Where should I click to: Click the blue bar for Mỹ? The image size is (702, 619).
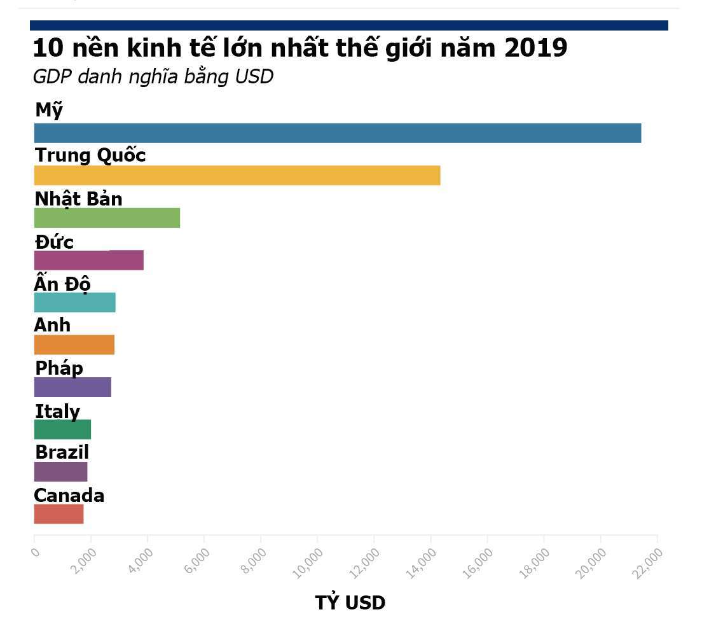(x=337, y=133)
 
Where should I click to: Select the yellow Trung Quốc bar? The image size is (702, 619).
(x=237, y=176)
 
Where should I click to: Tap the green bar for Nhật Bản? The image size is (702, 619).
(x=107, y=218)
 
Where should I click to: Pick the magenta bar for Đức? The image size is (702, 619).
(x=88, y=260)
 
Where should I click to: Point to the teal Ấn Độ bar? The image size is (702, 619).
(x=74, y=302)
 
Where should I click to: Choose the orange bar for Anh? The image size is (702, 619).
(x=74, y=345)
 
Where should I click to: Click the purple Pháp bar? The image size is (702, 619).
(x=72, y=387)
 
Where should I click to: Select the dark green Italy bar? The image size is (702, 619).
(x=62, y=429)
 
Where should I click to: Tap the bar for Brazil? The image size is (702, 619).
(x=60, y=471)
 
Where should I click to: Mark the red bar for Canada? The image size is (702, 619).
(x=59, y=514)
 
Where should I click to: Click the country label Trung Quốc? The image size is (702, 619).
(x=90, y=155)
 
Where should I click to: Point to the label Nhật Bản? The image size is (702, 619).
(x=78, y=198)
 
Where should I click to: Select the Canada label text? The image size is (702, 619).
(x=69, y=496)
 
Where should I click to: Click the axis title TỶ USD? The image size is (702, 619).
(x=350, y=602)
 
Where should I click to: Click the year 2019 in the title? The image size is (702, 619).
(x=535, y=48)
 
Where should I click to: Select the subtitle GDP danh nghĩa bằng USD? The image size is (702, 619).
(x=153, y=77)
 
